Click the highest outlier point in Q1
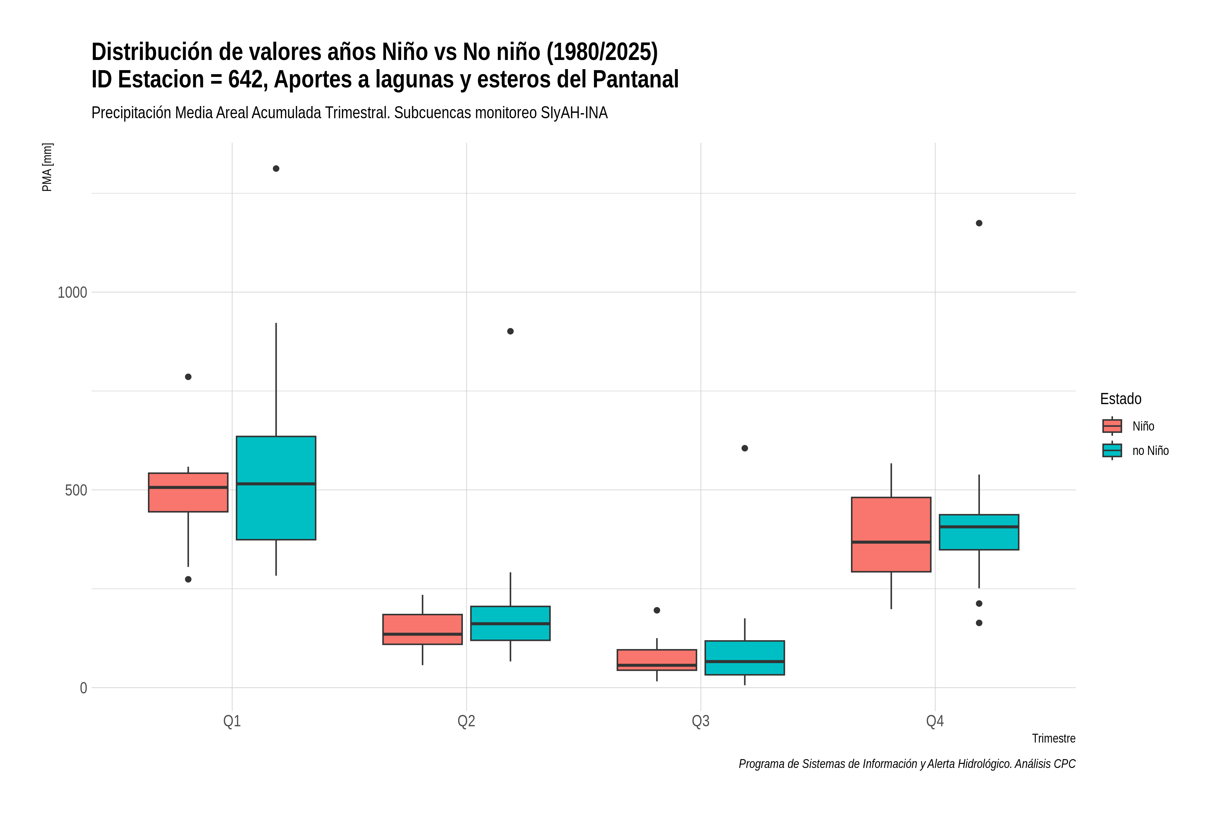(x=276, y=168)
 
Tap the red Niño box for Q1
(x=188, y=493)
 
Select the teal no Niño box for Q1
(x=276, y=488)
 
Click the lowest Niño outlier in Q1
(x=188, y=579)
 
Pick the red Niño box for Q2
(x=422, y=629)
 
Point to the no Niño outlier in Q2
(x=511, y=331)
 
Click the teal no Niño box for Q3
(x=745, y=658)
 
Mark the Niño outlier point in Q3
(x=657, y=610)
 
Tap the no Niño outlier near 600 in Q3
(x=745, y=448)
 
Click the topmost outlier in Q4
(x=979, y=223)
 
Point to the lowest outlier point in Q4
(x=979, y=623)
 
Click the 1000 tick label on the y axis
(x=72, y=292)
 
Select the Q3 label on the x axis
(x=701, y=721)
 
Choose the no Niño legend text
(x=1151, y=451)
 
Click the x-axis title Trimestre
(x=1054, y=738)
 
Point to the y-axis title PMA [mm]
(x=47, y=167)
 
